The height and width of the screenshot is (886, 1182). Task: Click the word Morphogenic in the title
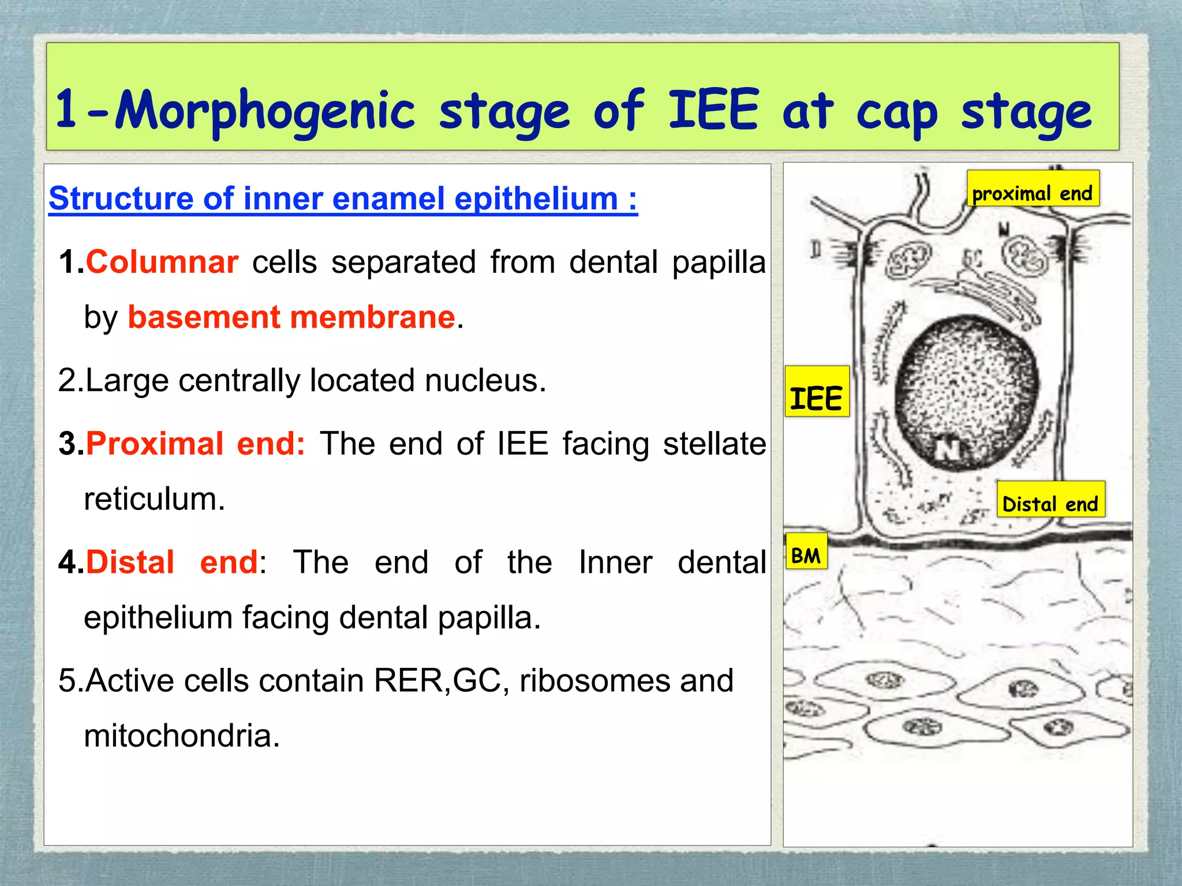(264, 111)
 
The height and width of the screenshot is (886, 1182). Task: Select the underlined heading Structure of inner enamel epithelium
(343, 199)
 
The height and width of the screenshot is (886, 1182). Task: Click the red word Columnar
(162, 262)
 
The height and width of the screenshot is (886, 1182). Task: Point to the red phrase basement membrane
(291, 318)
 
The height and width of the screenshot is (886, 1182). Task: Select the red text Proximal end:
(195, 444)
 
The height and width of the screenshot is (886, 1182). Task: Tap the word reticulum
(154, 500)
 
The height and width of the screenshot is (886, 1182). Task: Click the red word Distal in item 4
(130, 563)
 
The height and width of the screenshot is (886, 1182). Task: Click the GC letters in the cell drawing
(971, 261)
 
